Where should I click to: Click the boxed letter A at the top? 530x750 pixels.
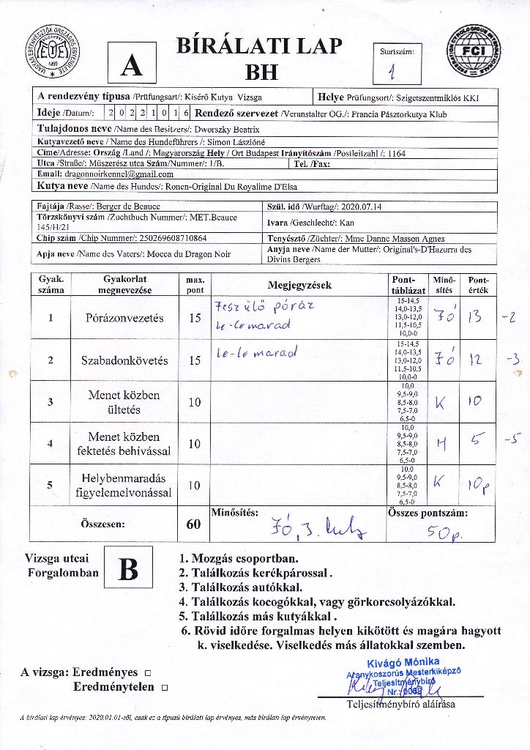point(132,66)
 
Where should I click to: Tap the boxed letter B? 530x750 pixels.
point(128,569)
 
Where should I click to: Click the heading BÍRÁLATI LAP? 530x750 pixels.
point(259,46)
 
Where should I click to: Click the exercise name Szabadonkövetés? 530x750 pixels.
point(124,360)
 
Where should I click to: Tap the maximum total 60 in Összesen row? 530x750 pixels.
point(194,524)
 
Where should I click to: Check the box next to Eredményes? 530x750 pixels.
point(148,672)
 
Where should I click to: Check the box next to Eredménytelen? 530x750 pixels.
point(164,688)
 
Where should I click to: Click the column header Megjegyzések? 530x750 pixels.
point(300,285)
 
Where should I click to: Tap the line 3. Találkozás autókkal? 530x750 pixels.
point(241,587)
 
